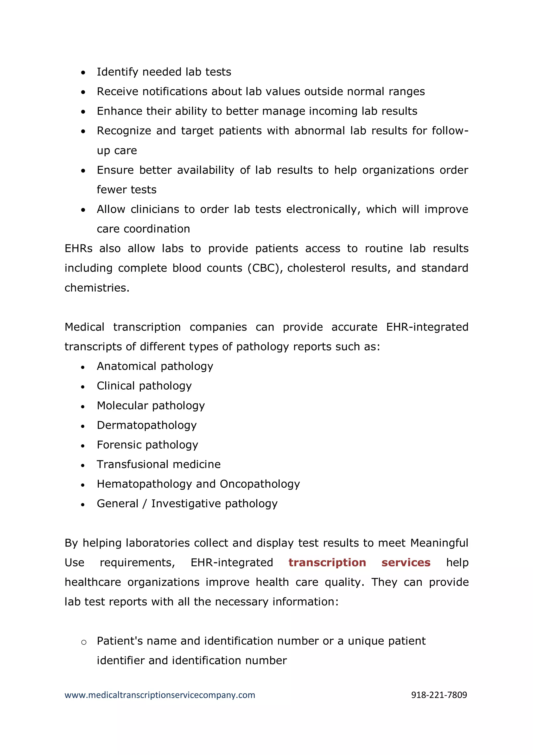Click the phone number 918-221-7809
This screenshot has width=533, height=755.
tap(439, 695)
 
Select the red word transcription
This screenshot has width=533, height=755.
tap(327, 562)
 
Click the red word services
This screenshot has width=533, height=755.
tap(406, 562)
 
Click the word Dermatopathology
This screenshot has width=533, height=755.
tap(147, 425)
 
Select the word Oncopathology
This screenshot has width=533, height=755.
tap(260, 484)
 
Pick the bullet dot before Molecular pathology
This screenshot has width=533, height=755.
tap(83, 407)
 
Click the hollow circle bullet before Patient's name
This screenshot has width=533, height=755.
tap(84, 642)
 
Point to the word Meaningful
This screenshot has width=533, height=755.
tap(439, 543)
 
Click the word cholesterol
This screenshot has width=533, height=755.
tap(316, 268)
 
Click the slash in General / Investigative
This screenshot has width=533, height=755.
tap(144, 504)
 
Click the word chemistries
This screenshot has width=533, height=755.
tap(97, 288)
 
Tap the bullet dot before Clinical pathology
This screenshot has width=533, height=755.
tap(83, 387)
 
